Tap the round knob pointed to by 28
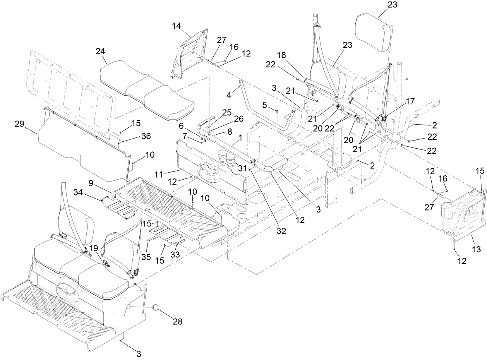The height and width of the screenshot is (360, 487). click(156, 307)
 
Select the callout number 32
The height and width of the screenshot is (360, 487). click(281, 231)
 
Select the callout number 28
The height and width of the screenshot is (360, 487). click(178, 321)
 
